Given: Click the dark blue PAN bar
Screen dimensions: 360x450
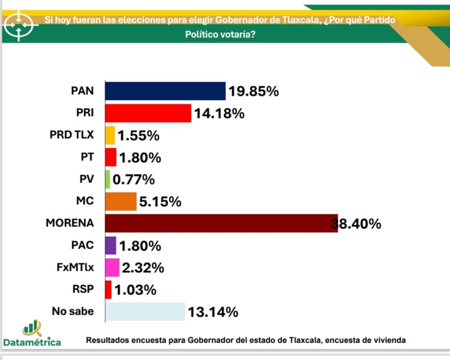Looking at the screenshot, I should [x=165, y=91].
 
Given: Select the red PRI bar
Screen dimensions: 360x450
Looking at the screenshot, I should [x=148, y=113].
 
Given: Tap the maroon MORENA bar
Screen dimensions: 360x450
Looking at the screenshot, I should [x=221, y=223].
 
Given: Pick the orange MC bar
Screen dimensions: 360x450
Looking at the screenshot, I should [x=121, y=201].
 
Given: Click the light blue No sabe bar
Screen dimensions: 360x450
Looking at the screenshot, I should [x=145, y=312].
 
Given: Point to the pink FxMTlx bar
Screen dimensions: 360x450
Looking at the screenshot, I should [x=112, y=267].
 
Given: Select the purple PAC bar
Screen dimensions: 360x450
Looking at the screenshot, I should [x=110, y=245].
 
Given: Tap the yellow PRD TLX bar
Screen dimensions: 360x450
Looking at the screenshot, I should [x=110, y=135].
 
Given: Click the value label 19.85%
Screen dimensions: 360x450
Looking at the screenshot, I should [x=253, y=91].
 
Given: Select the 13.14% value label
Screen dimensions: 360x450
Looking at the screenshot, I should [x=213, y=312].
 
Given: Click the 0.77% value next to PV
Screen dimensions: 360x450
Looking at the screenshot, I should [x=133, y=180].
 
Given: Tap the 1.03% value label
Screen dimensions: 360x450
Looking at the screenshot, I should [x=135, y=290].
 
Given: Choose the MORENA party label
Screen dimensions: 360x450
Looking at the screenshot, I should [x=70, y=223].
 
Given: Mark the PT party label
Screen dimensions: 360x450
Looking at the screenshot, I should [x=87, y=157].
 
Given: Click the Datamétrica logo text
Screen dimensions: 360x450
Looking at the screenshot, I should [x=32, y=342].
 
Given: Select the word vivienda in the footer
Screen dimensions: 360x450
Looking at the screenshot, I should [x=390, y=340].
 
